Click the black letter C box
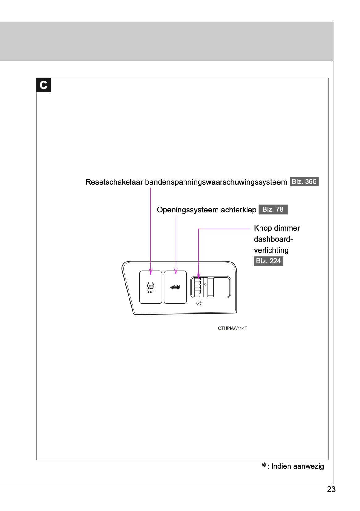[44, 85]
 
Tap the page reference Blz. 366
[304, 181]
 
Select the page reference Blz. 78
[273, 210]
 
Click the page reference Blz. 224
[268, 261]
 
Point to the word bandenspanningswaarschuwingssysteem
[216, 182]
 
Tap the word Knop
[263, 228]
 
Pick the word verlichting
[271, 250]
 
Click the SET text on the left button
[150, 292]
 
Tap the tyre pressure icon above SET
[150, 286]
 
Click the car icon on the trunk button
[175, 287]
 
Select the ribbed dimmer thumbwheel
[198, 287]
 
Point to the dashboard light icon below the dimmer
[199, 302]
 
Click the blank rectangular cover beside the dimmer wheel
[221, 287]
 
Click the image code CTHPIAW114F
[232, 328]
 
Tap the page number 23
[331, 489]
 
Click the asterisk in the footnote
[264, 465]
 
